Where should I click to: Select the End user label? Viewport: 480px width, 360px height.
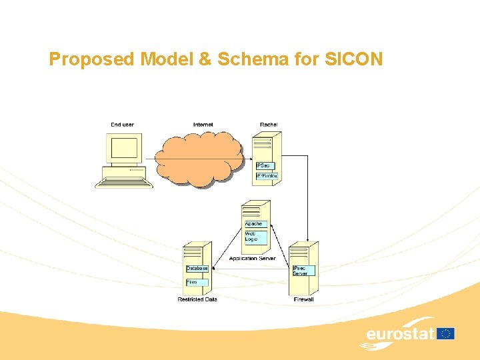(x=122, y=125)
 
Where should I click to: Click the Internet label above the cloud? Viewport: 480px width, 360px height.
(x=203, y=125)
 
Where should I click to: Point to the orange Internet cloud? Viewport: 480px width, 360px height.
(x=199, y=157)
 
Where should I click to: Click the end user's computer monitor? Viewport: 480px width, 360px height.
(x=124, y=149)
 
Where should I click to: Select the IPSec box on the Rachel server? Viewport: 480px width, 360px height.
(x=264, y=165)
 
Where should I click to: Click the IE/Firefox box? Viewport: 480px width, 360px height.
(x=267, y=176)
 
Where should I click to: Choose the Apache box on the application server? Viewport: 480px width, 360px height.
(x=255, y=224)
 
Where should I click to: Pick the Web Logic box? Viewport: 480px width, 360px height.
(x=253, y=236)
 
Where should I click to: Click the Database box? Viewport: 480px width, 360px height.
(x=197, y=269)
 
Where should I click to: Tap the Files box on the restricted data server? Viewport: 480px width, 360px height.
(x=195, y=282)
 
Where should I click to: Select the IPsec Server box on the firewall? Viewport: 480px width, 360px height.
(x=303, y=271)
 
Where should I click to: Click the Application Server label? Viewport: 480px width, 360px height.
(x=252, y=259)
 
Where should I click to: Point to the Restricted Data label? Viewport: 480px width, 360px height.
(x=197, y=299)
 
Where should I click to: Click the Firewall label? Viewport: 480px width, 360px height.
(x=303, y=299)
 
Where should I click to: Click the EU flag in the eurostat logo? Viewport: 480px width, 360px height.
(x=445, y=333)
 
